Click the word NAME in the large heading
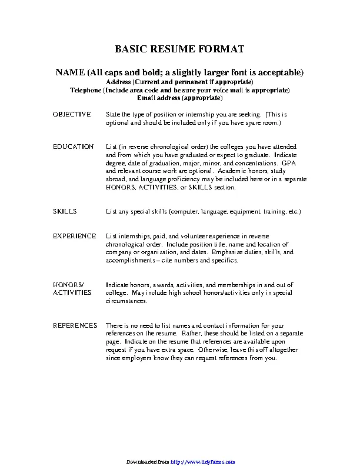point(70,72)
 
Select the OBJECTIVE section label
point(72,114)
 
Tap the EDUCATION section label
point(73,146)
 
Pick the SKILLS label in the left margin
point(64,211)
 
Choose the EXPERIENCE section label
point(74,235)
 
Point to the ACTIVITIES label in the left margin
point(72,292)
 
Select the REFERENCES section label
point(75,325)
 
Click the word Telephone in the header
point(86,90)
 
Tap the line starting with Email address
point(179,98)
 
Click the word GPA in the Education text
point(288,162)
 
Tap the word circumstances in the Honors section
point(125,301)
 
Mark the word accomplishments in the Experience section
point(129,260)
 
